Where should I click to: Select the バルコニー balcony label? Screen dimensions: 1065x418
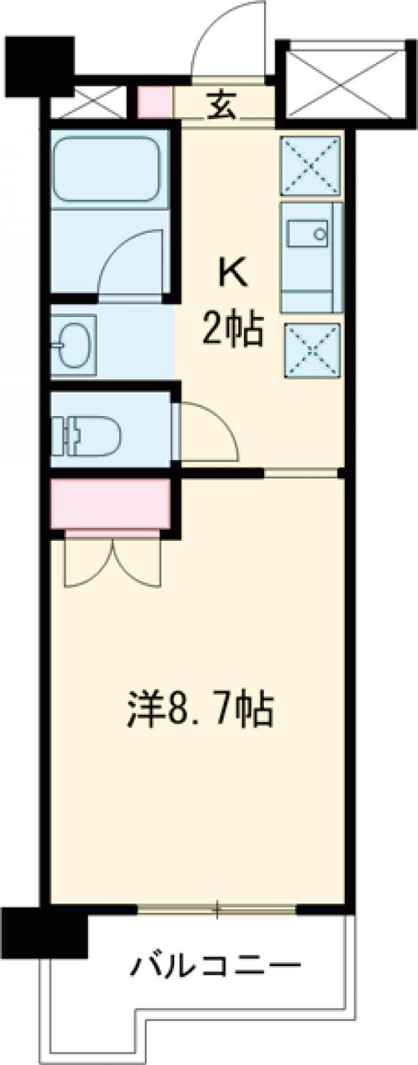tap(216, 966)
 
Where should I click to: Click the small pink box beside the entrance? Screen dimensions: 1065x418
tap(154, 102)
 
